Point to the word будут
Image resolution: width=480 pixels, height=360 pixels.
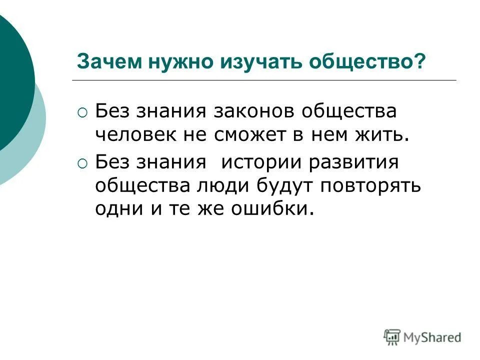click(286, 185)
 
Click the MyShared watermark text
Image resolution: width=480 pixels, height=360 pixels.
click(433, 337)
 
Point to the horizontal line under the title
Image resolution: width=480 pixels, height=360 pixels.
click(264, 80)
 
